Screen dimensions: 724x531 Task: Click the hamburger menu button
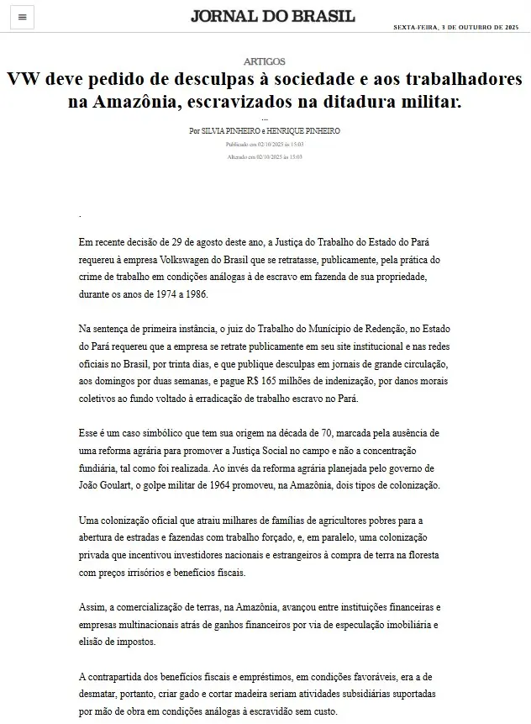tap(22, 17)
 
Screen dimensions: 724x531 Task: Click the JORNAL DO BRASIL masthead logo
tap(272, 17)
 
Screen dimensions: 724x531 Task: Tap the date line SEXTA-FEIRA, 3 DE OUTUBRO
tap(457, 28)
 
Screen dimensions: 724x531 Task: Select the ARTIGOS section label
tap(265, 61)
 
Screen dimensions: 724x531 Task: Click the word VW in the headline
tap(27, 81)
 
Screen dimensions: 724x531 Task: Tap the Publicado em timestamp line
tap(265, 145)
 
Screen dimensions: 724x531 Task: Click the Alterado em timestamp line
tap(265, 156)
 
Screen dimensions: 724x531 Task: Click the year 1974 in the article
tap(155, 295)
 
